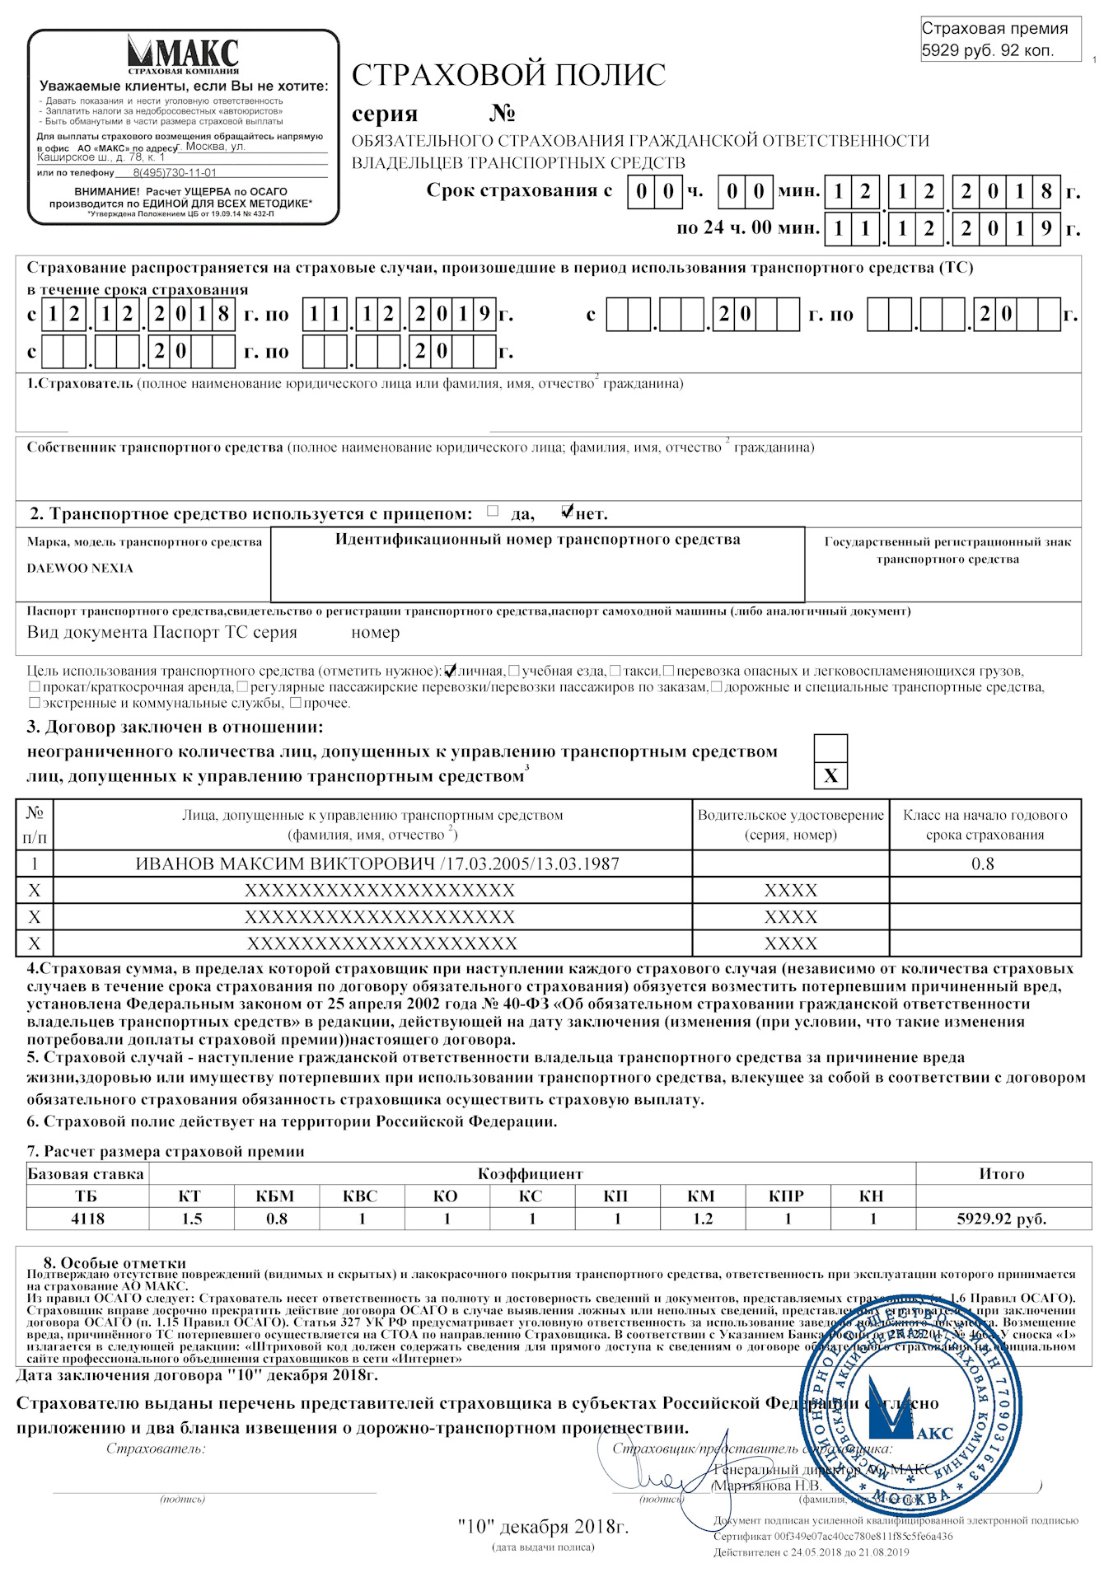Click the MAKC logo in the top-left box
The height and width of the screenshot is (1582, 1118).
183,54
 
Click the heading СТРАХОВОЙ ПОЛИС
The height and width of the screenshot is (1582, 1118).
508,75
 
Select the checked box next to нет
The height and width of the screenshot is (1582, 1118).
567,512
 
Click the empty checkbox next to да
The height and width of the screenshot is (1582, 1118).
493,511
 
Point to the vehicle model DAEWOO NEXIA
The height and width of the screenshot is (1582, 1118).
80,569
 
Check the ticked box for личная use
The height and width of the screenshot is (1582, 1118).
450,670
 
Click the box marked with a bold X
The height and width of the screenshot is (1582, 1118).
830,775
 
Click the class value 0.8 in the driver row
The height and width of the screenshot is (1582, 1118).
983,864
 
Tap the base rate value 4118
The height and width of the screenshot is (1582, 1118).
87,1219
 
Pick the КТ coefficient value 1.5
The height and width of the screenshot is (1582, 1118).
191,1219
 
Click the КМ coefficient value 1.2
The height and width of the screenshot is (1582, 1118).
702,1219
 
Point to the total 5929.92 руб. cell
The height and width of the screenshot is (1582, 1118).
1002,1219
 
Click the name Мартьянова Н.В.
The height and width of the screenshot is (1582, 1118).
768,1486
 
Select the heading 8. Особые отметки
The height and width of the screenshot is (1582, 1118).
115,1263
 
